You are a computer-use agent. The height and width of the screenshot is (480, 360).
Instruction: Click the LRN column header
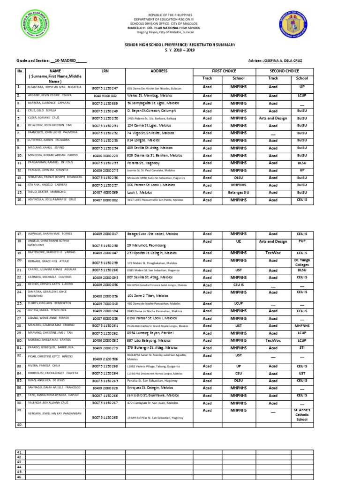coord(105,71)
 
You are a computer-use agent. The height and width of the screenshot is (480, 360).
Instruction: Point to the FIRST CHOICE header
coord(224,71)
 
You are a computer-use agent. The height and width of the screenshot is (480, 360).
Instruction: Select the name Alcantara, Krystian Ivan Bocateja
coord(51,88)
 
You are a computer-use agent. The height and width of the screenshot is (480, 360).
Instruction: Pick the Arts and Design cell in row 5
coord(273,118)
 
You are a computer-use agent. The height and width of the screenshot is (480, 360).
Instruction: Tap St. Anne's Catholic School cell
coord(302,415)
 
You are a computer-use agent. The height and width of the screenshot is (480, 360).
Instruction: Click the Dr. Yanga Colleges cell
coord(302,262)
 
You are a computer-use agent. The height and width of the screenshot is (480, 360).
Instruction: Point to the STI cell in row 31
coord(302,348)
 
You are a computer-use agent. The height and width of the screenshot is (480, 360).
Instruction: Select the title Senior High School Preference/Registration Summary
coord(180,45)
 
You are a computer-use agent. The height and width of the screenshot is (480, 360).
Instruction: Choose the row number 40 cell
coord(20,425)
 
